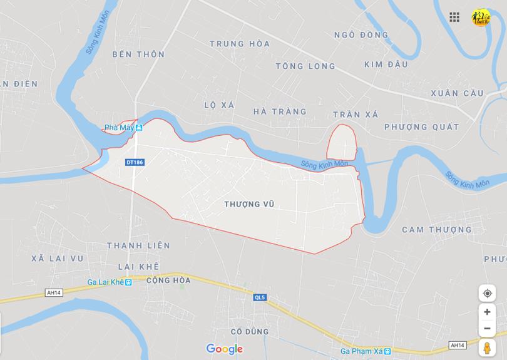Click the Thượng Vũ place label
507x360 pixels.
pyautogui.click(x=249, y=204)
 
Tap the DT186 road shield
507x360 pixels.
pyautogui.click(x=135, y=162)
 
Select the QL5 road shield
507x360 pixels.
pyautogui.click(x=260, y=297)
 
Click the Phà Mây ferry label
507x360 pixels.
pyautogui.click(x=123, y=128)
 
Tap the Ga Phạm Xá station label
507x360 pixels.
pyautogui.click(x=366, y=351)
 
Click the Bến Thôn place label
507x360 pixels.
pyautogui.click(x=138, y=54)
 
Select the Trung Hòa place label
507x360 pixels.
pyautogui.click(x=240, y=44)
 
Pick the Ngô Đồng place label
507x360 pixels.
pyautogui.click(x=361, y=35)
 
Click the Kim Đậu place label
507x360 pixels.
pyautogui.click(x=386, y=64)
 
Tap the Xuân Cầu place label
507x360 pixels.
pyautogui.click(x=457, y=93)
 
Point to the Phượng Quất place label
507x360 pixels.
pyautogui.click(x=421, y=127)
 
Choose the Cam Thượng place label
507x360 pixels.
pyautogui.click(x=436, y=230)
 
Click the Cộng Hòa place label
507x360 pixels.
pyautogui.click(x=168, y=280)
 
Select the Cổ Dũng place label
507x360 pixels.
pyautogui.click(x=249, y=331)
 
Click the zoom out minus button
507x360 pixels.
pyautogui.click(x=487, y=329)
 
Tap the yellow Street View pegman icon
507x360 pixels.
pyautogui.click(x=487, y=347)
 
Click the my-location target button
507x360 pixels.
pyautogui.click(x=487, y=293)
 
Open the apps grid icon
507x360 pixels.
pyautogui.click(x=454, y=17)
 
